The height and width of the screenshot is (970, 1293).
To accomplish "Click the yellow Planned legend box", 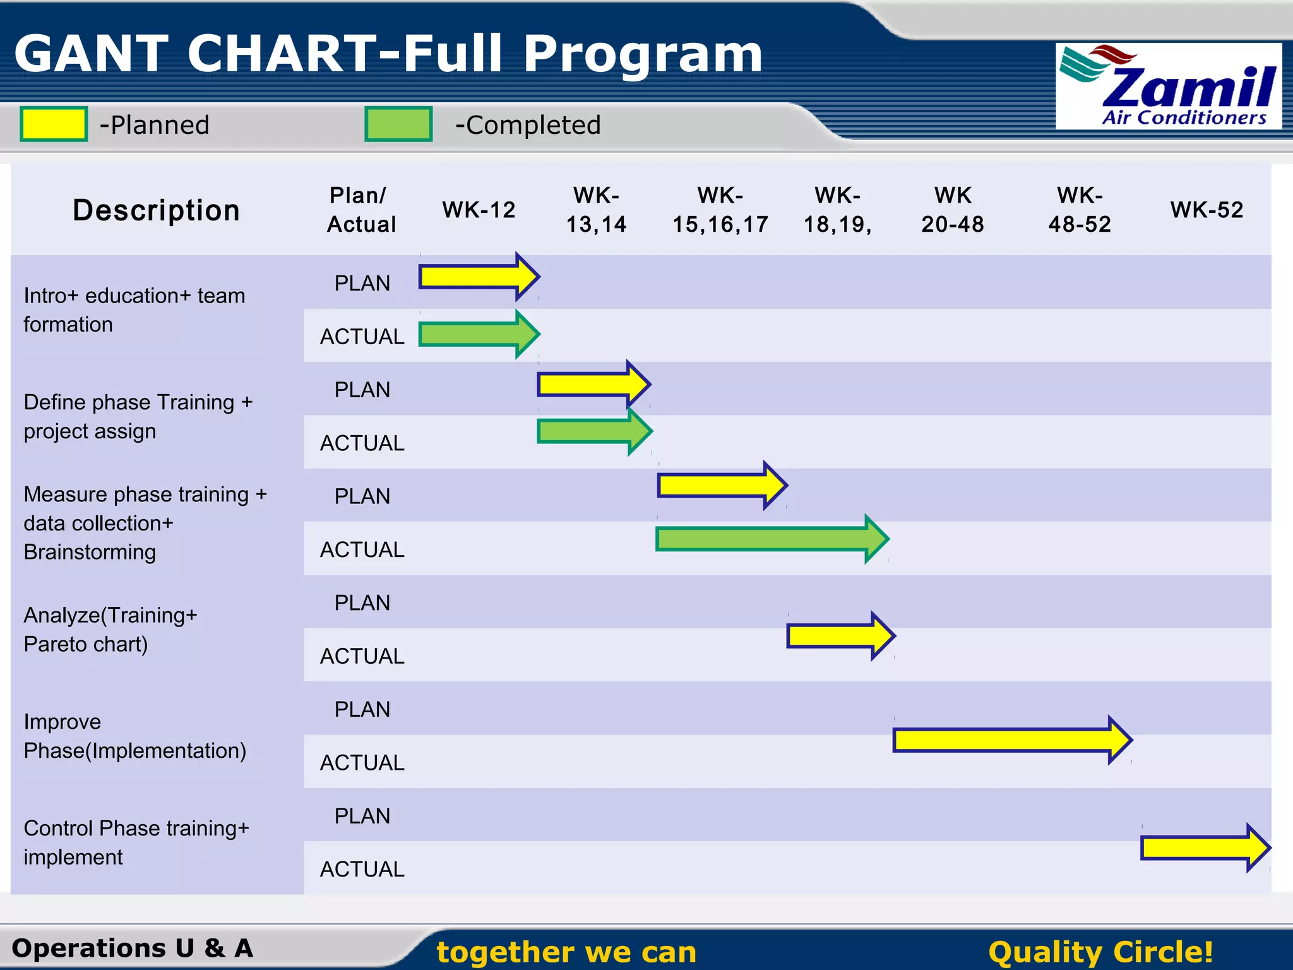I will (x=54, y=124).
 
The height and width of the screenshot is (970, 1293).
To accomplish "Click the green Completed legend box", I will (x=398, y=124).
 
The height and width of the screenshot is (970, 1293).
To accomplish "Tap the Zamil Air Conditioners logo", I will (x=1168, y=87).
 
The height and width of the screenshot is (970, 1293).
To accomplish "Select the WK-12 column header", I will (x=479, y=210).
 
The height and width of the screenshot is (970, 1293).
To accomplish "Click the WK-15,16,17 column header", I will (x=720, y=210).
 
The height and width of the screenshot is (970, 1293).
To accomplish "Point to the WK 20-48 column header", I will (x=952, y=210).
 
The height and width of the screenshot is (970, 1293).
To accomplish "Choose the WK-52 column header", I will (x=1207, y=210).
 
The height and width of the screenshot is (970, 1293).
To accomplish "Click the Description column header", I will (x=156, y=210).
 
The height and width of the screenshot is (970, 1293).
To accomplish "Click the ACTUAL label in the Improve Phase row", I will (x=362, y=763).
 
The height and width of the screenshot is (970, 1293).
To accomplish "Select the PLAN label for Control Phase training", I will (x=362, y=816).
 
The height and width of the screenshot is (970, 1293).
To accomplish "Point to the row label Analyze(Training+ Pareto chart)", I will (x=110, y=630).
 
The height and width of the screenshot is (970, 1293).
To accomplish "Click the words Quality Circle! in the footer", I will (x=1100, y=952).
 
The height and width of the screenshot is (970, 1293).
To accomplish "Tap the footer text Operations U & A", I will (x=133, y=948).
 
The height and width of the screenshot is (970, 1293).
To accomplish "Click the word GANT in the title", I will (x=92, y=54).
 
